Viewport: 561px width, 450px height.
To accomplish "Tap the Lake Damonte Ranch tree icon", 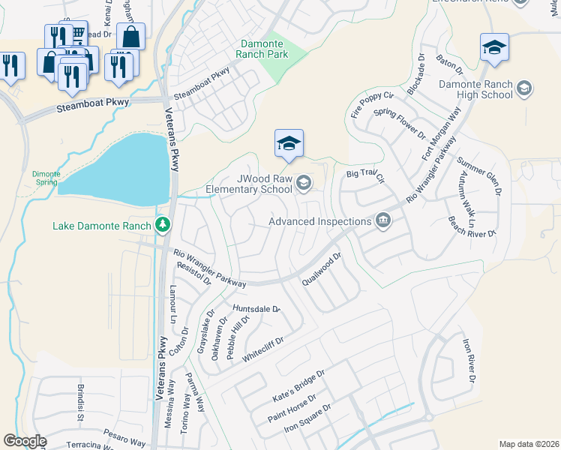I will [x=162, y=224].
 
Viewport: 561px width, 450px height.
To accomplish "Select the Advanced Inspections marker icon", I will [x=383, y=220].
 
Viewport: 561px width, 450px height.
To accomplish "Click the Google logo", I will [x=25, y=440].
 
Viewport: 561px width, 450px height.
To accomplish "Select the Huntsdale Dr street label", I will [x=256, y=309].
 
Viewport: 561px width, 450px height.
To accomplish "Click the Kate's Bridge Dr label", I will [x=299, y=384].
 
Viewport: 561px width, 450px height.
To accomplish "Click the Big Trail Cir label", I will [x=365, y=177].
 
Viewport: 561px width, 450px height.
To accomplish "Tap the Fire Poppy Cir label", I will [x=372, y=106].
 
